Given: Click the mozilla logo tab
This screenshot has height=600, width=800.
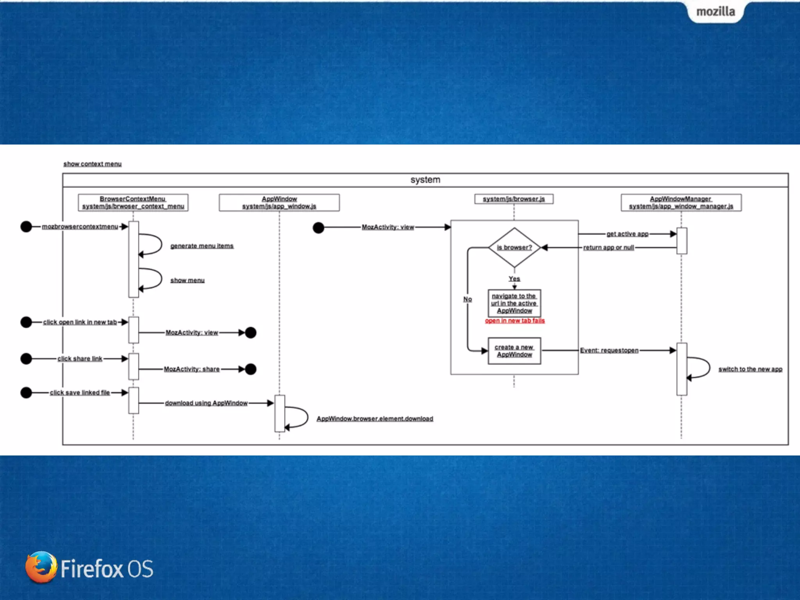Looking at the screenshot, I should [x=716, y=12].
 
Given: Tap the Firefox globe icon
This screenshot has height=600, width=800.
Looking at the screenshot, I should [x=41, y=567].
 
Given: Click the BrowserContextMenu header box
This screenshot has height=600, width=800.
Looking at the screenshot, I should [x=133, y=202].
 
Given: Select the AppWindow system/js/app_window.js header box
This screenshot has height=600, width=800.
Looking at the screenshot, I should [x=279, y=202].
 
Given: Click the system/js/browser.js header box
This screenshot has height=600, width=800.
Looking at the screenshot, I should [x=514, y=199].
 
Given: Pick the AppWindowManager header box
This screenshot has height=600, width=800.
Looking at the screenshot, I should [x=681, y=202].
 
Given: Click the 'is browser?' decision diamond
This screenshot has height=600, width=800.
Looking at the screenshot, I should [x=514, y=247].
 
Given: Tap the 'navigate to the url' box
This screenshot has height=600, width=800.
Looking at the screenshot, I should [x=514, y=303].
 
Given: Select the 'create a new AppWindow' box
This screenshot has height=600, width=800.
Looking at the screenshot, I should [x=514, y=351].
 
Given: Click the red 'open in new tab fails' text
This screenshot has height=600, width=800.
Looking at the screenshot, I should [x=514, y=321].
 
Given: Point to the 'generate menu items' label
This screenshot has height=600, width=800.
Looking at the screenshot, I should [x=202, y=246].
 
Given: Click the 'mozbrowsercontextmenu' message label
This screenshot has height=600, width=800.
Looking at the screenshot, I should [x=80, y=227].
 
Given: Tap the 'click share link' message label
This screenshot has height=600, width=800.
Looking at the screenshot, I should [x=80, y=359].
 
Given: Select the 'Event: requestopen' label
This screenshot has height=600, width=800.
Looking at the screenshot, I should [x=609, y=350].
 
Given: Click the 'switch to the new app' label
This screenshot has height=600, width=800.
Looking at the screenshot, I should [x=750, y=369].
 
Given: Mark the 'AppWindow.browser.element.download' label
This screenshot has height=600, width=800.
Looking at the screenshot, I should [x=375, y=419].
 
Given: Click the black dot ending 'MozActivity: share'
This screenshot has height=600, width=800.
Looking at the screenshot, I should [x=250, y=369].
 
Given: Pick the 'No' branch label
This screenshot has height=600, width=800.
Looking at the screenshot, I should [x=468, y=299].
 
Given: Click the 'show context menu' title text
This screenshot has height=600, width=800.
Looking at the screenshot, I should [x=92, y=164].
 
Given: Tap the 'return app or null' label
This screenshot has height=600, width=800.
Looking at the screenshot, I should [x=608, y=248].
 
